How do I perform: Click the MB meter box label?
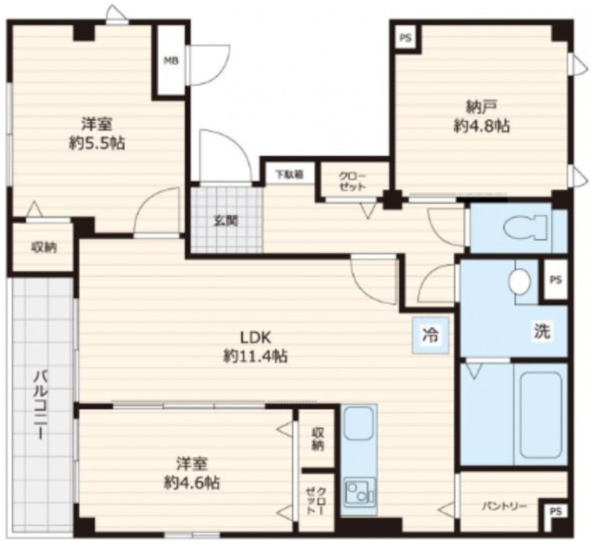(171, 61)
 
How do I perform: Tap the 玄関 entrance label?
(226, 220)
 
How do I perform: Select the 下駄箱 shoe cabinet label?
(289, 174)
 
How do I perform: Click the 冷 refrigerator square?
(431, 335)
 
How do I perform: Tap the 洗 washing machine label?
(542, 330)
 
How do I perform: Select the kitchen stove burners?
(360, 492)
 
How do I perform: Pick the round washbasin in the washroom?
(519, 280)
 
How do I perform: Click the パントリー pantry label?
(504, 506)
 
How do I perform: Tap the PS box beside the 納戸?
(405, 38)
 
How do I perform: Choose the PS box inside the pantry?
(555, 511)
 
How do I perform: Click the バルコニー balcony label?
(41, 405)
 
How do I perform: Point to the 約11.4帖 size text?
(256, 356)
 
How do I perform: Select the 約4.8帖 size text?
(481, 126)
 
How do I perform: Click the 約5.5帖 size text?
(97, 143)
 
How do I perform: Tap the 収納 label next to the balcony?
(43, 247)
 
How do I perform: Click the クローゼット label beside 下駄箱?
(353, 182)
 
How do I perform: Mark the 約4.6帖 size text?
(191, 482)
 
